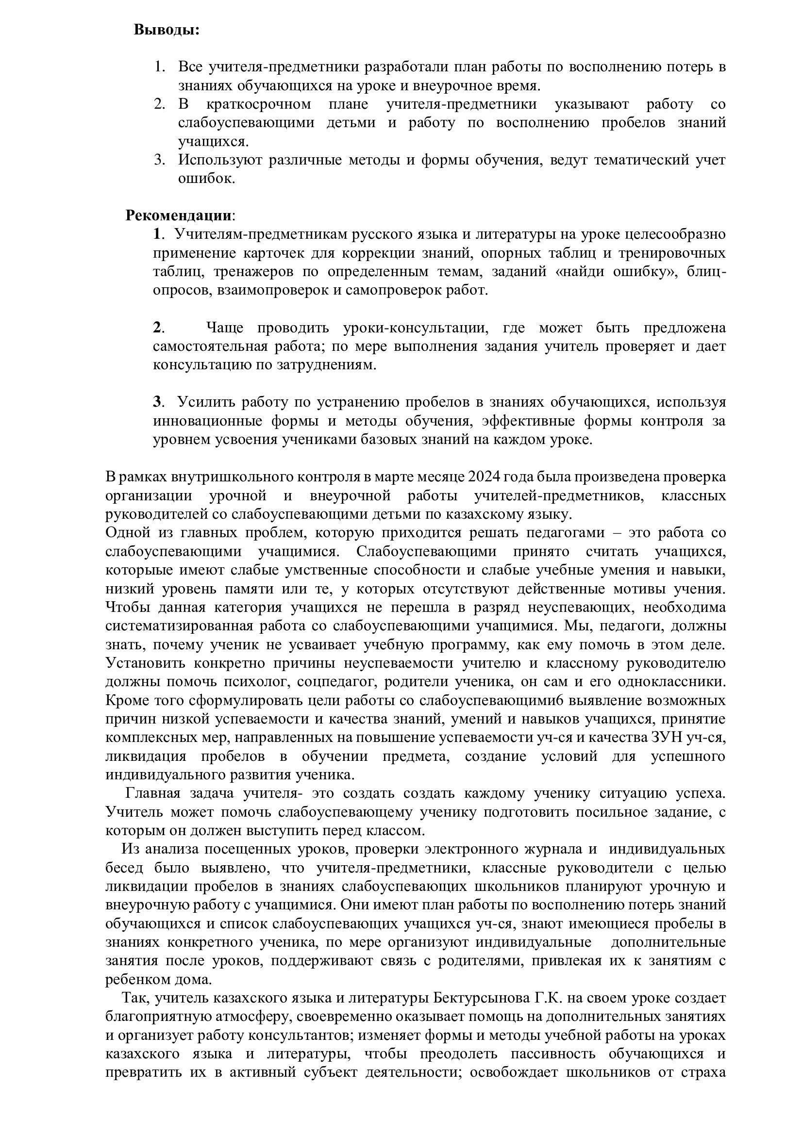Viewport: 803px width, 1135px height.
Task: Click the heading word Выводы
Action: click(x=166, y=30)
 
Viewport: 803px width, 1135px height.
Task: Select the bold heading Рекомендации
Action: click(x=178, y=215)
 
